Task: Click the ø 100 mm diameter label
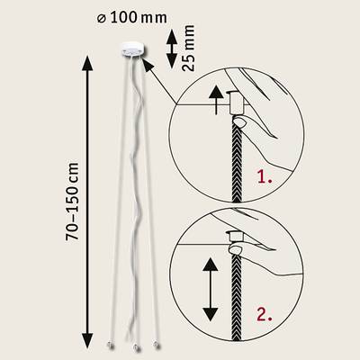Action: pos(132,18)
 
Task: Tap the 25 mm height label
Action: pos(188,48)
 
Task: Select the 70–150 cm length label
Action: pos(72,202)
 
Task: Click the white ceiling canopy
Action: pos(133,49)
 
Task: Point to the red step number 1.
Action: pos(265,177)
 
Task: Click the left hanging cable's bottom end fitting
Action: pos(109,346)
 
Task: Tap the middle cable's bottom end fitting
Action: pos(136,347)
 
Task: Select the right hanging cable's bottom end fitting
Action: pos(156,345)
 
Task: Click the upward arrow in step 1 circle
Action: pos(216,100)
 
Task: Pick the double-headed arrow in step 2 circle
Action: pos(211,289)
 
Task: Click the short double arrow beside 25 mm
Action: pos(172,49)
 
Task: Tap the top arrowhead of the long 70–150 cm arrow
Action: pos(87,63)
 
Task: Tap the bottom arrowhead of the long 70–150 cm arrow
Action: pos(87,341)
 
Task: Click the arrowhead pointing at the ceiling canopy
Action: pos(148,65)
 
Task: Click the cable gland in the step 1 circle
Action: pos(236,103)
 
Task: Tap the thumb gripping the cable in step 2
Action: pos(237,249)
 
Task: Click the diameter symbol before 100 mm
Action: pos(102,19)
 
